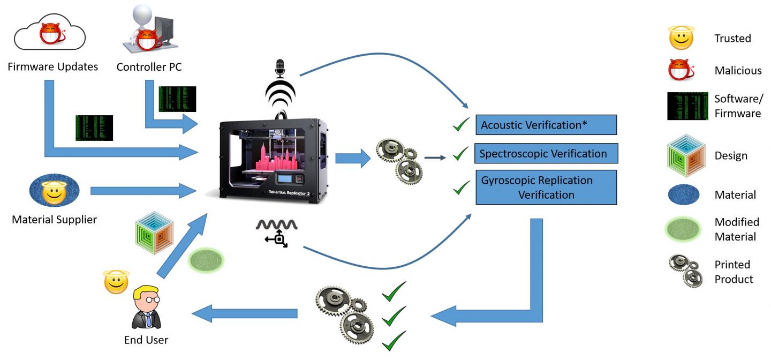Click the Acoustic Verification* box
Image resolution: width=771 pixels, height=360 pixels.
click(x=546, y=125)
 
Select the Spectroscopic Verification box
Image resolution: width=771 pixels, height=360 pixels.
click(x=546, y=154)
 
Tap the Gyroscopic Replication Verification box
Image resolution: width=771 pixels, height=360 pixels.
click(x=546, y=187)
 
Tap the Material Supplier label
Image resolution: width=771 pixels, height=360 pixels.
click(x=54, y=219)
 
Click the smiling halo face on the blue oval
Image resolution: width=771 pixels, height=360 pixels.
click(x=54, y=191)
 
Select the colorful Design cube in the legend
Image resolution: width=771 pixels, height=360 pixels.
click(x=682, y=156)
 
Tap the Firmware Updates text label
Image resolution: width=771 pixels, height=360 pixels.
click(x=52, y=67)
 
